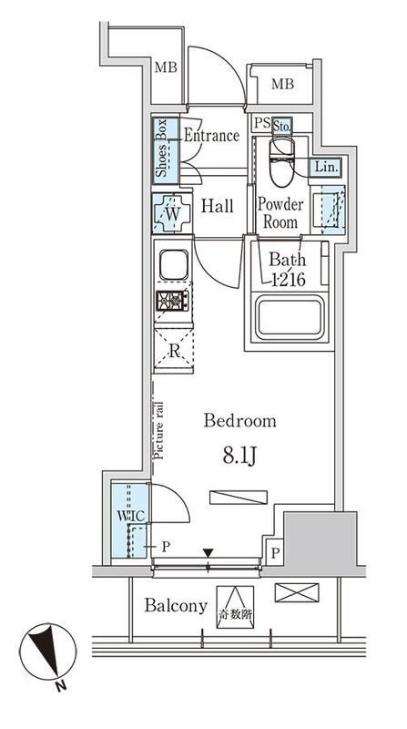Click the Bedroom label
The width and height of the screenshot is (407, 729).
[240, 421]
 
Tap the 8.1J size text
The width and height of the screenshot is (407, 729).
[240, 457]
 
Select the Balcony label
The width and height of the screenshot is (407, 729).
[176, 606]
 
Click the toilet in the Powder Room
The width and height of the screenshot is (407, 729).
[282, 161]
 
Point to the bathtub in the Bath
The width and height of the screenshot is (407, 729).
[290, 318]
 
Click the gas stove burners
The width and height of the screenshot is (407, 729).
[172, 301]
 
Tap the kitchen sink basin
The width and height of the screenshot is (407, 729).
[174, 265]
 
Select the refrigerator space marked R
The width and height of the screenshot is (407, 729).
[173, 351]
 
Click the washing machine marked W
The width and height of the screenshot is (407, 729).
[172, 213]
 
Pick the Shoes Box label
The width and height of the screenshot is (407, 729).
[161, 149]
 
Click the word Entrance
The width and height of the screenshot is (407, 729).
[211, 135]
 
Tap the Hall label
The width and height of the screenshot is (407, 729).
[217, 206]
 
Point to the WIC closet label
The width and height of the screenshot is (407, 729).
[132, 516]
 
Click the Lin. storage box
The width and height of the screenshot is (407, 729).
[326, 167]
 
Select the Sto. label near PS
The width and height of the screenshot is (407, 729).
[281, 126]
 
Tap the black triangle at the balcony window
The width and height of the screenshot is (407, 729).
[208, 553]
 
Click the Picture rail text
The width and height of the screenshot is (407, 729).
[159, 430]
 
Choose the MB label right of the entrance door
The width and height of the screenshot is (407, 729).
[282, 84]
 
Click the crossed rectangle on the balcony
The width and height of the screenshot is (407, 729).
[297, 593]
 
